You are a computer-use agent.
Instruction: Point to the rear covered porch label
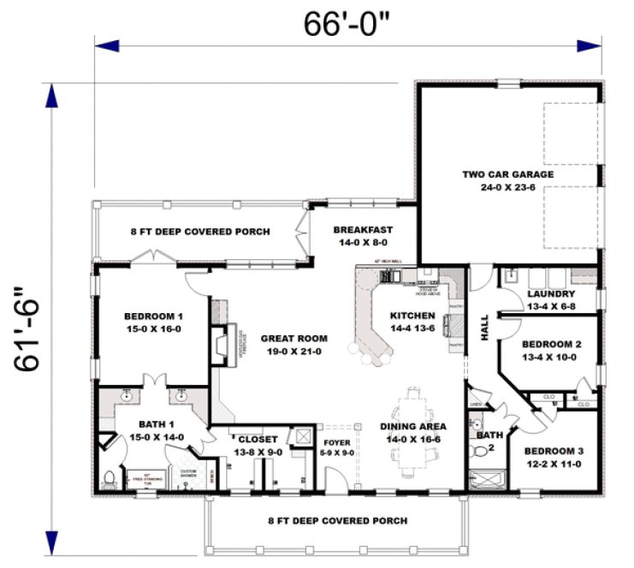200,231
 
